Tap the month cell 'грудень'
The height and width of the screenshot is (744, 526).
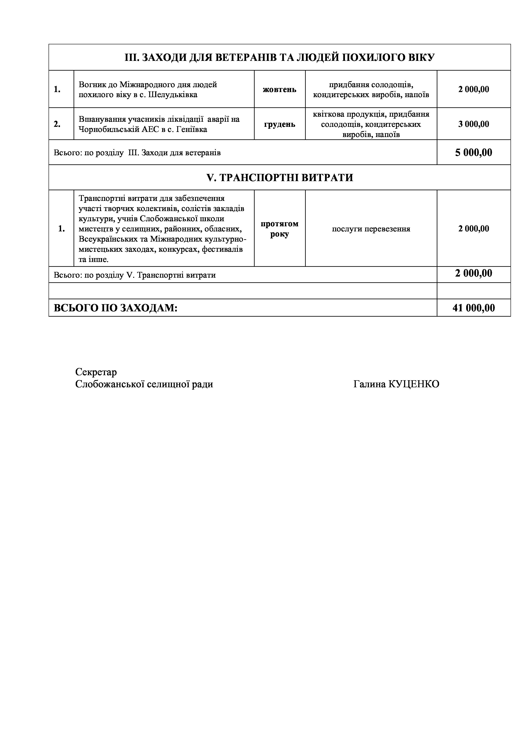[279, 124]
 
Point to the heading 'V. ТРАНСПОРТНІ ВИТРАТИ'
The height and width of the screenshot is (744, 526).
[279, 178]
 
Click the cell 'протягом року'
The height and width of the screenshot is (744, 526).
[279, 229]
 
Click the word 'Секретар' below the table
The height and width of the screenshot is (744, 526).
[96, 372]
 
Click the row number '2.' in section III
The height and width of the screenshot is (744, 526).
[57, 124]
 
